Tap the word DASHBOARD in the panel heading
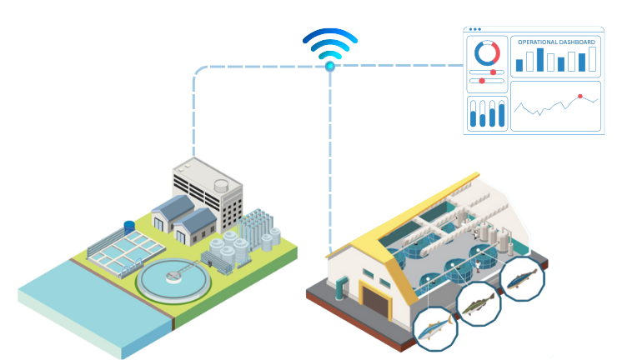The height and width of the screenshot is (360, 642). click(x=577, y=42)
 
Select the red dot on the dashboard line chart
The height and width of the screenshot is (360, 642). click(x=579, y=97)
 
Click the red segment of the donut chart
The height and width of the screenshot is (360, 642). click(x=495, y=52)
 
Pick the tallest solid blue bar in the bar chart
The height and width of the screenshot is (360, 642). click(x=540, y=60)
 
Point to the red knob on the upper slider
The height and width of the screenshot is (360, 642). click(x=493, y=72)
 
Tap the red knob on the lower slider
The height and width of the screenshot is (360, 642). click(x=482, y=81)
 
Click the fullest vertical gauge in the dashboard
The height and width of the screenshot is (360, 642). click(x=502, y=113)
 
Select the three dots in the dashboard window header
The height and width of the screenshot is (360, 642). click(x=475, y=29)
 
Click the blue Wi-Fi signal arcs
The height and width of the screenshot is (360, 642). click(x=330, y=44)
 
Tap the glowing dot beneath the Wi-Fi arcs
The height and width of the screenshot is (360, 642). click(x=330, y=67)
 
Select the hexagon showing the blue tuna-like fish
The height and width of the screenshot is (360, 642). click(x=435, y=328)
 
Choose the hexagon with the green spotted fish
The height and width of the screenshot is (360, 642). click(x=479, y=304)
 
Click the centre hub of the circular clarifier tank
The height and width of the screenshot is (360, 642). click(x=173, y=277)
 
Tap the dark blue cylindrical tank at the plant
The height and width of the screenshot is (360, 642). click(x=129, y=227)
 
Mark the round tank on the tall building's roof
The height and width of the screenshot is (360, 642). click(x=221, y=186)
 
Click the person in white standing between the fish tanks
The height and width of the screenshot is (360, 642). click(x=478, y=266)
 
